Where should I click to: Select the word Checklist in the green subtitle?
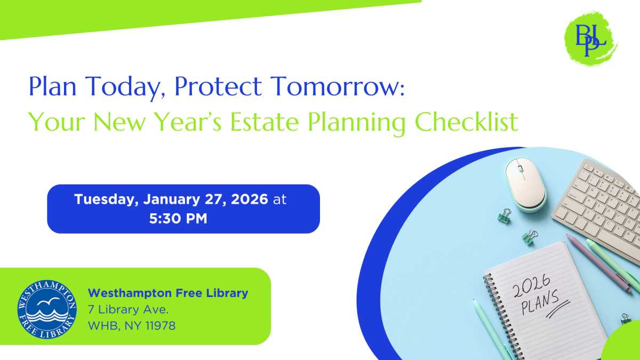pos(466,122)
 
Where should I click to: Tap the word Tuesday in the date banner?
pos(105,199)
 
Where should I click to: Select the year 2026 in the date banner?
pos(249,199)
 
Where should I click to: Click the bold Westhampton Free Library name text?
pos(167,293)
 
